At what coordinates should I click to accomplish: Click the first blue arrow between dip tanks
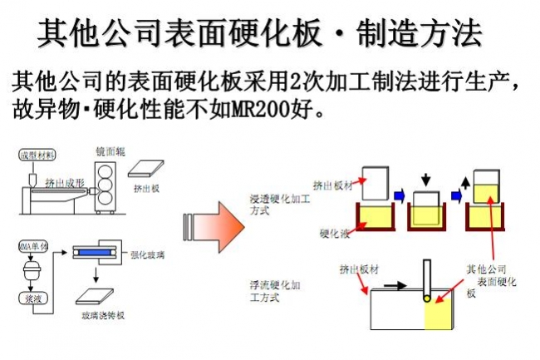click(399, 197)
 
